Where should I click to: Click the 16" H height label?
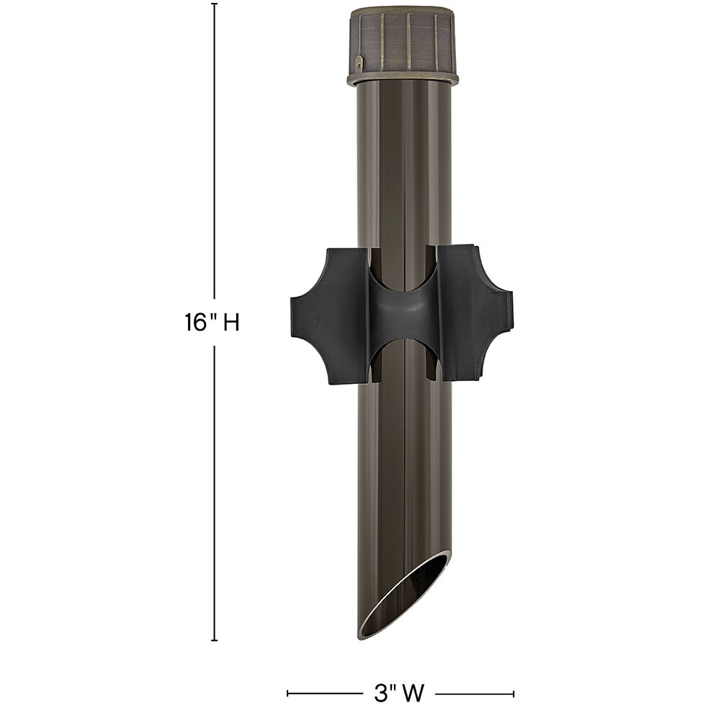click(x=211, y=323)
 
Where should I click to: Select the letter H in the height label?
click(x=230, y=323)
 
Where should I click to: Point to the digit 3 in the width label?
click(x=380, y=693)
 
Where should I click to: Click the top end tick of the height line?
click(x=214, y=4)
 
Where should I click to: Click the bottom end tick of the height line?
click(x=214, y=640)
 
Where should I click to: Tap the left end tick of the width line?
click(x=288, y=693)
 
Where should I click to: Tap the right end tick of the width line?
click(x=513, y=693)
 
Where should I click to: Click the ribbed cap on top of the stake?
click(x=403, y=40)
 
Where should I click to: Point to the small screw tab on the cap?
click(x=359, y=67)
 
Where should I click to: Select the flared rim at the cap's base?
click(x=403, y=77)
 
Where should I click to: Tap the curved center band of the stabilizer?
click(x=403, y=315)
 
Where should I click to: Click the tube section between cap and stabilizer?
click(x=403, y=166)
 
